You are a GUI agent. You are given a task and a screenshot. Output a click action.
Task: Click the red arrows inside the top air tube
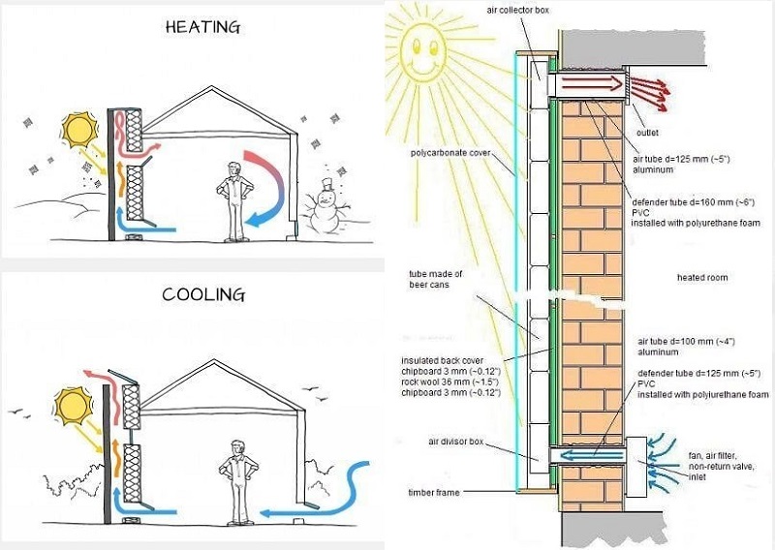[x=586, y=85]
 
